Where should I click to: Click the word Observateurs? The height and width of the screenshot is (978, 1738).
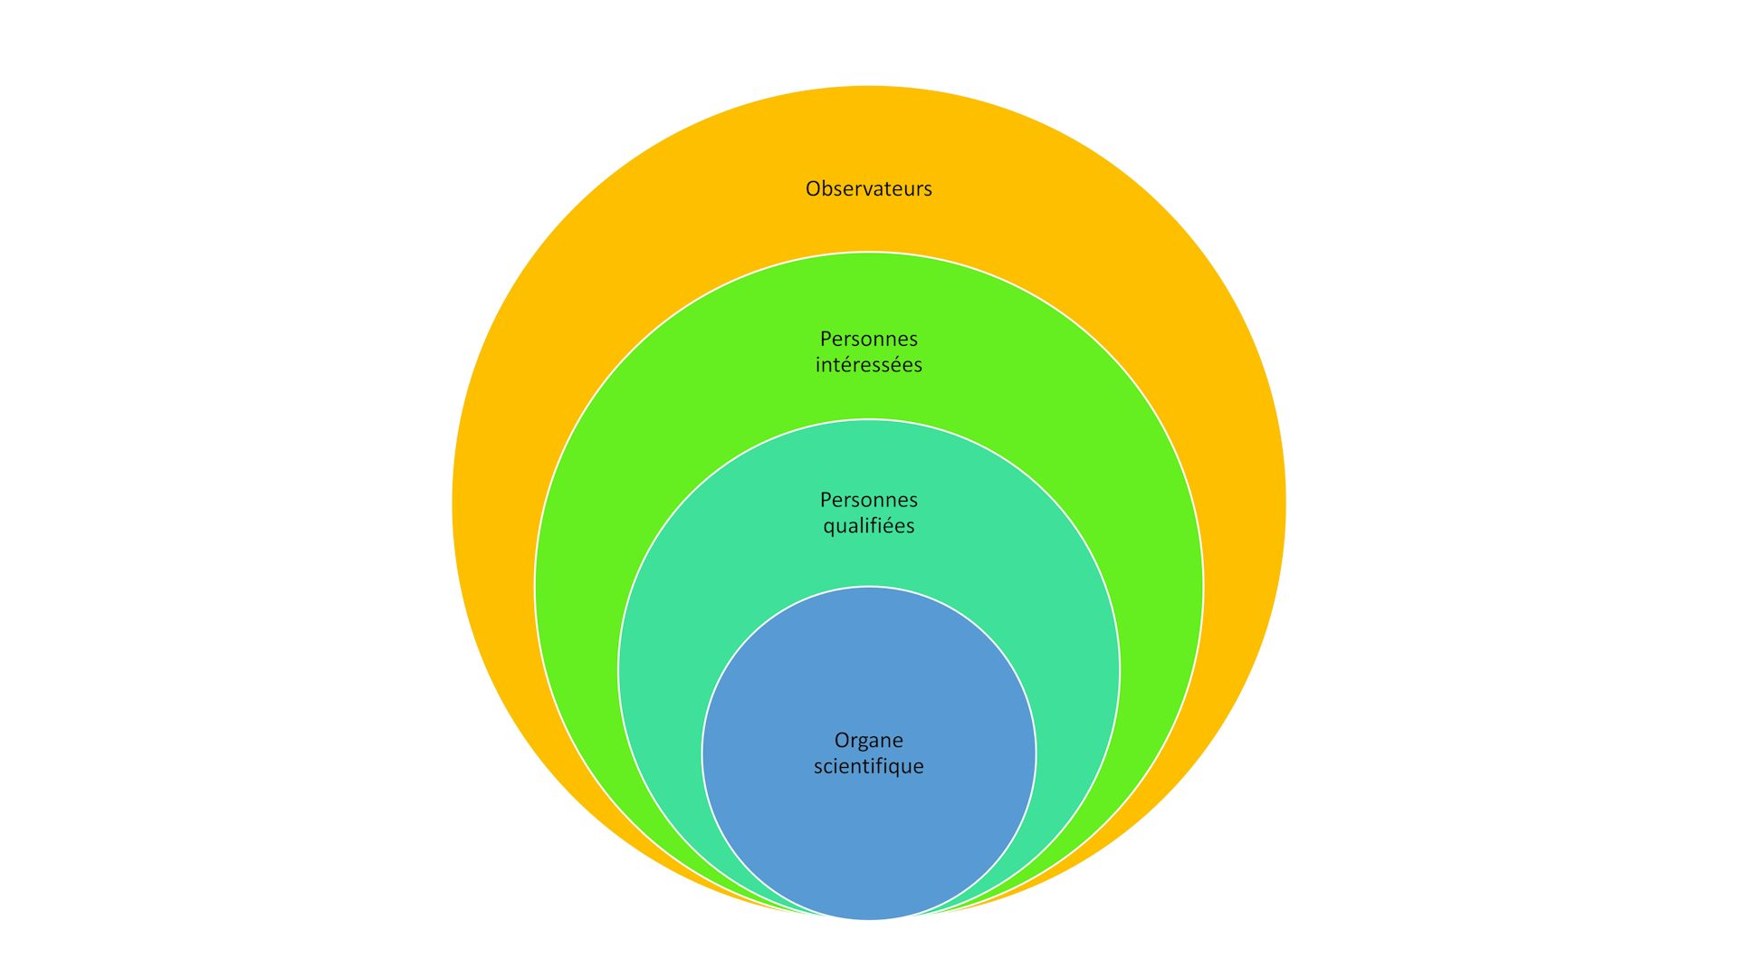[x=868, y=188]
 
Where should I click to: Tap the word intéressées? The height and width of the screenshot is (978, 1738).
[x=868, y=365]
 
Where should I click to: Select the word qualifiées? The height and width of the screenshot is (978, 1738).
[x=868, y=526]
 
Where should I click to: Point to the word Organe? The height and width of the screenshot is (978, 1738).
[x=868, y=741]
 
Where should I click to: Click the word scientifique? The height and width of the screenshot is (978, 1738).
[x=868, y=766]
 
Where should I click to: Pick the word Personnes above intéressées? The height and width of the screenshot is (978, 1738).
[x=868, y=339]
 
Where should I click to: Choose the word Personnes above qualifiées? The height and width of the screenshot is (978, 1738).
[x=868, y=500]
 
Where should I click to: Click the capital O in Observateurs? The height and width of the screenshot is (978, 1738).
[x=813, y=188]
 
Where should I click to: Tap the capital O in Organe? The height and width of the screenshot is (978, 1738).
[x=842, y=741]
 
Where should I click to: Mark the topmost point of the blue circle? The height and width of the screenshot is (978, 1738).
[x=869, y=588]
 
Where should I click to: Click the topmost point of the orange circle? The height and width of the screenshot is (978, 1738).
[x=869, y=87]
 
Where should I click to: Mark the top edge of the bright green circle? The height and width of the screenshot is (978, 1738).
[x=869, y=254]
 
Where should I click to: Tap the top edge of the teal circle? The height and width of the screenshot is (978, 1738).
[x=869, y=420]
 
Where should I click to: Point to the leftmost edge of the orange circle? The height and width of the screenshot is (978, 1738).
[x=454, y=503]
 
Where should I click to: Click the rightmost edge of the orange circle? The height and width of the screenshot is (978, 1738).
[x=1284, y=503]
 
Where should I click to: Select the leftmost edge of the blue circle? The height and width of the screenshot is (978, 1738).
[x=703, y=753]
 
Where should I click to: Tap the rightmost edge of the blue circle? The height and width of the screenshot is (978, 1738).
[x=1035, y=753]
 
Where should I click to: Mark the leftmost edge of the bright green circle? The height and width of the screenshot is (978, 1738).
[x=537, y=587]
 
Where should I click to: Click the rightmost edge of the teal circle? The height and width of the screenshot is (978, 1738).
[x=1119, y=670]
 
